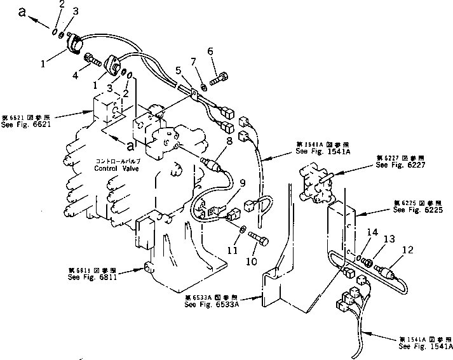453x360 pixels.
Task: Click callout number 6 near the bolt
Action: point(210,51)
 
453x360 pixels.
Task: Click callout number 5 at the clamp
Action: point(179,70)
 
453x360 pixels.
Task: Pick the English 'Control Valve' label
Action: point(115,170)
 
